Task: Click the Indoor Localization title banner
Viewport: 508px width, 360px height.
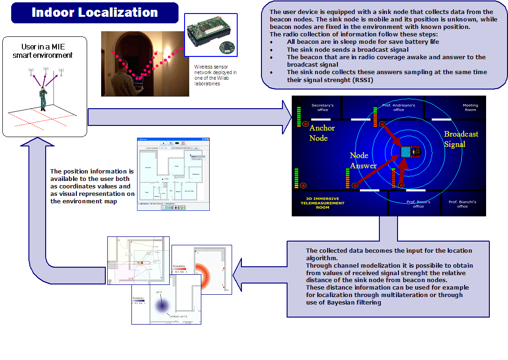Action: (x=95, y=13)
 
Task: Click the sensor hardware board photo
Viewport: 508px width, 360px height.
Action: (x=211, y=35)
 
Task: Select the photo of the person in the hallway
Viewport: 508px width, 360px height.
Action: (x=145, y=64)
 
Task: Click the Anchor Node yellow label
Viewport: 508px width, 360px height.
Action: (x=322, y=133)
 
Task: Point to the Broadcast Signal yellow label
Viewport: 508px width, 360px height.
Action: (x=461, y=139)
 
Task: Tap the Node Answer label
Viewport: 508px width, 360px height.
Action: (x=363, y=160)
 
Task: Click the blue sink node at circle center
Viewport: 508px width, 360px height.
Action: (x=406, y=152)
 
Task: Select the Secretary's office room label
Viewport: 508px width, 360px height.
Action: (x=323, y=108)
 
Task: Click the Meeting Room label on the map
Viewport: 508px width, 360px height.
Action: (x=470, y=108)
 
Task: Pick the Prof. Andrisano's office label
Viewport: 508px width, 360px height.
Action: (x=398, y=108)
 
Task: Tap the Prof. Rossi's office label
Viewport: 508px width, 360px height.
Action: (x=418, y=204)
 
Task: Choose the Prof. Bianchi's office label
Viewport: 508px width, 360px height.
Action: (x=462, y=204)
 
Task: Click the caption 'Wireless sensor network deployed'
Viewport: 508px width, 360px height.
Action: (x=215, y=75)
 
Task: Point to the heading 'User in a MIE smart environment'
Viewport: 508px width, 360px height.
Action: (x=44, y=51)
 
